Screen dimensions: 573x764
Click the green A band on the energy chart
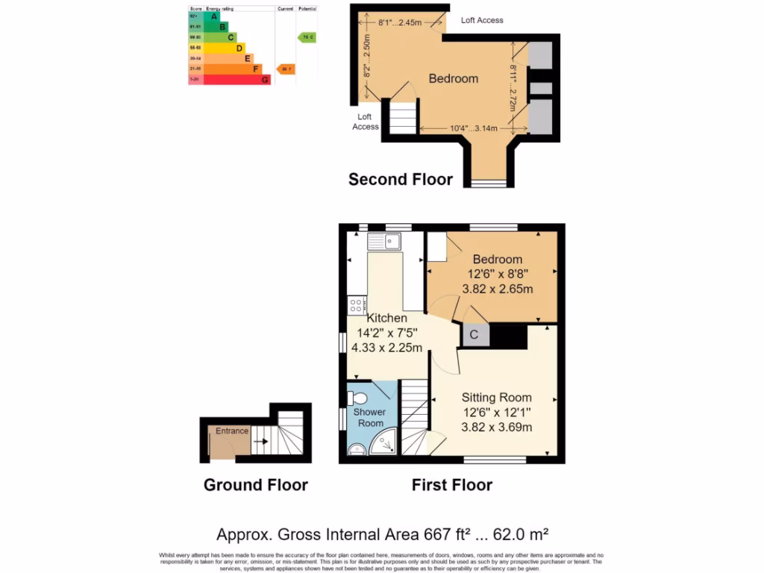point(212,16)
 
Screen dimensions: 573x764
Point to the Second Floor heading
point(401,179)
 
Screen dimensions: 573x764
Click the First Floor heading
point(452,485)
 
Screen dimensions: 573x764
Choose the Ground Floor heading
point(256,485)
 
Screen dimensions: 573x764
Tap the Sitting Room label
point(495,397)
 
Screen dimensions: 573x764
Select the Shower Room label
point(369,417)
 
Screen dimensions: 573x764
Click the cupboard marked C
point(474,335)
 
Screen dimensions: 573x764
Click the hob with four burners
point(356,304)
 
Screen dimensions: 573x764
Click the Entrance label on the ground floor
point(232,431)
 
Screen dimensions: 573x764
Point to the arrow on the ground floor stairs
point(260,442)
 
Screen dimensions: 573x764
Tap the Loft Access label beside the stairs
point(365,122)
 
